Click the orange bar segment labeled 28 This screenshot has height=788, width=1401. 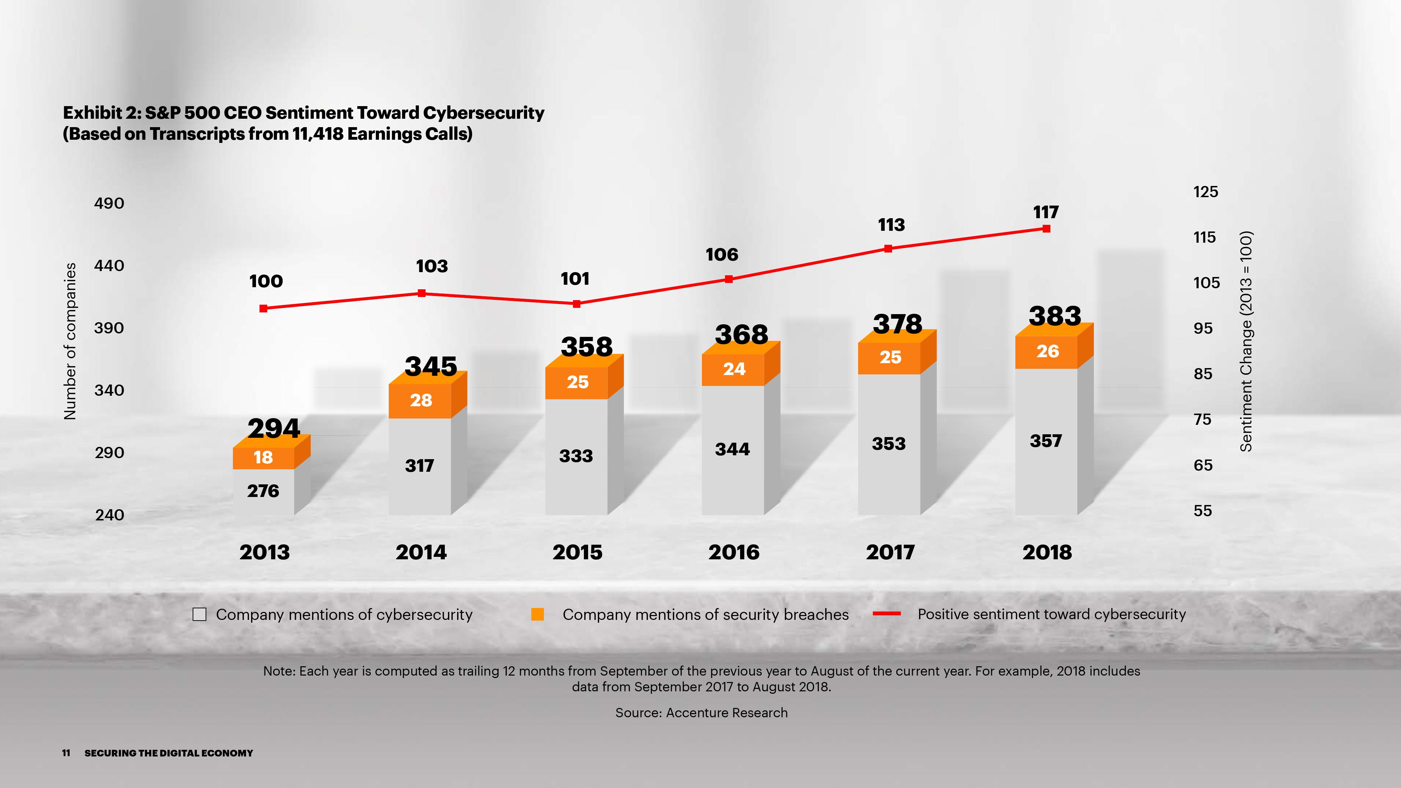(420, 401)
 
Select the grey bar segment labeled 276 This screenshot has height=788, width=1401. (263, 491)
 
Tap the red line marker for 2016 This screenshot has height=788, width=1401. (729, 279)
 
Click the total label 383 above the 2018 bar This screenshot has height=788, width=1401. (1055, 316)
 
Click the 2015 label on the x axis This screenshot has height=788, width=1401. (577, 553)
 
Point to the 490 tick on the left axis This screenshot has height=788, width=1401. (109, 203)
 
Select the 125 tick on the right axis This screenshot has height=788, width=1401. (1205, 192)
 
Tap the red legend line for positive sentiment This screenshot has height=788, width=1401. (886, 614)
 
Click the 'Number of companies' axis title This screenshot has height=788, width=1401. (70, 341)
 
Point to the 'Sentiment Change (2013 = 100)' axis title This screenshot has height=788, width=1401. (1245, 341)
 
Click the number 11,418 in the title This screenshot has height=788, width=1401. (317, 134)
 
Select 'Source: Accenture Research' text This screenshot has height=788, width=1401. (701, 712)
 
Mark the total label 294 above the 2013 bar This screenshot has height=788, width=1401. (274, 429)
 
